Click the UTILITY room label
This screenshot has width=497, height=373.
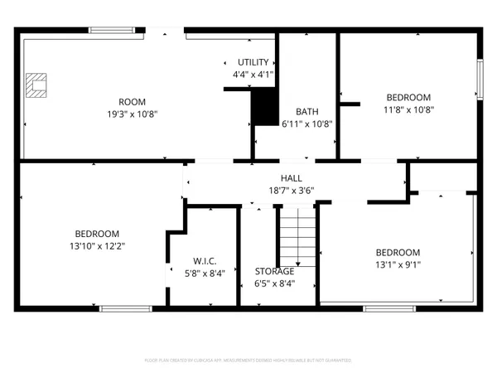point(253,63)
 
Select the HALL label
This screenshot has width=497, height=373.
point(291,178)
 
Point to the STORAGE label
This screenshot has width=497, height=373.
point(274,271)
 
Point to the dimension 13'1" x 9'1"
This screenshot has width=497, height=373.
point(398,265)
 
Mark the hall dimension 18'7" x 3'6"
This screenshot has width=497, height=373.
point(291,190)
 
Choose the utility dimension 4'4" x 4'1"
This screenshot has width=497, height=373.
point(253,75)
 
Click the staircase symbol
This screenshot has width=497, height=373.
point(297,235)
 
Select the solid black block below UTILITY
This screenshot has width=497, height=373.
point(264,107)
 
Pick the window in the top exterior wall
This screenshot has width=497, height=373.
point(114,31)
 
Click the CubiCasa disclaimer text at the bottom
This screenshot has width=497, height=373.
point(248,361)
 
